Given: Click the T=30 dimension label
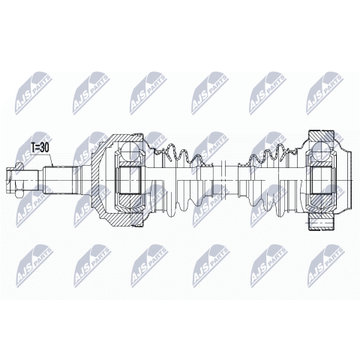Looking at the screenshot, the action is click(x=39, y=148).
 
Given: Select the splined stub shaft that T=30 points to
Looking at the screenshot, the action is click(x=58, y=180).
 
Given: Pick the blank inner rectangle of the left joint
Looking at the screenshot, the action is click(x=130, y=180).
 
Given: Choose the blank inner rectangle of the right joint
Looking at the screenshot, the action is click(x=322, y=180).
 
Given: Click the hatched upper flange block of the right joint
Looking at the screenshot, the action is click(x=322, y=136).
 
